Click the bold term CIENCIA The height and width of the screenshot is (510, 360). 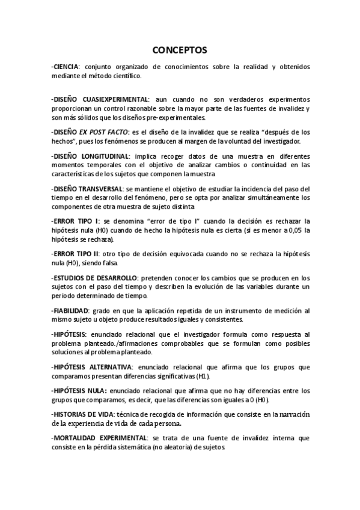tap(67, 66)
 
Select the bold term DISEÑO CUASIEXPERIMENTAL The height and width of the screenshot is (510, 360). tap(101, 99)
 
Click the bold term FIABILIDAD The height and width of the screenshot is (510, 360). tap(73, 311)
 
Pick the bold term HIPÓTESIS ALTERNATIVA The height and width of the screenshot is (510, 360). tap(92, 366)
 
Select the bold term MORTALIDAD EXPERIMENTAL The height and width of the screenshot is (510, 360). tap(100, 439)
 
